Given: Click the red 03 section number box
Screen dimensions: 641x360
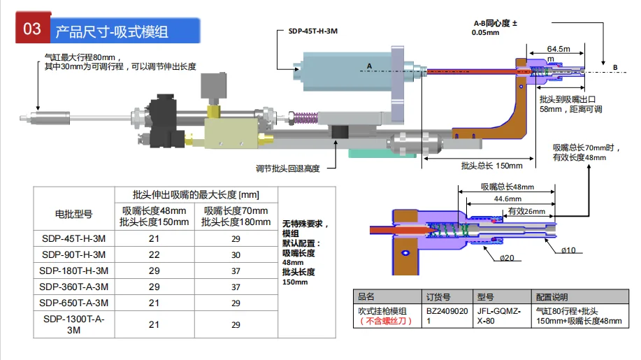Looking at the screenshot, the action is point(33,28).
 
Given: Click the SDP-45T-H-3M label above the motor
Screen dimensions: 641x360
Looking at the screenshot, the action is point(312,31).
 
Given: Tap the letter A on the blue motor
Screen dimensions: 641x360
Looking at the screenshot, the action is point(369,66).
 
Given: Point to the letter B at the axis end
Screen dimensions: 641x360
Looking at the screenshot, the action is point(615,67).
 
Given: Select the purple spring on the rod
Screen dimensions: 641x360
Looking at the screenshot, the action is point(305,117).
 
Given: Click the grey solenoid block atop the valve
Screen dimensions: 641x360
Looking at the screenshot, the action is point(213,85).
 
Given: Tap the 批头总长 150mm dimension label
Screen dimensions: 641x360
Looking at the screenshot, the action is point(492,166).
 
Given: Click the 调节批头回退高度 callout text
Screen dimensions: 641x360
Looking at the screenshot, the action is point(288,168).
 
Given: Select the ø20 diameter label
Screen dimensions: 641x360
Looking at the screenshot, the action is point(507,258).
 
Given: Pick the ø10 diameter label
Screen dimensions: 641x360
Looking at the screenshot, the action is point(568,250).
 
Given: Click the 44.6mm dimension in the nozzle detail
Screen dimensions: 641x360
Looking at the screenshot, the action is point(507,199).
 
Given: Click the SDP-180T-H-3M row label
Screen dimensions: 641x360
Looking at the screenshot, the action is point(73,271).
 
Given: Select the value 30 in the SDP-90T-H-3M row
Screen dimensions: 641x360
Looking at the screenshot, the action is point(236,255).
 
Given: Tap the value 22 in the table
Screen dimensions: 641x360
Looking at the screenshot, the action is point(154,254).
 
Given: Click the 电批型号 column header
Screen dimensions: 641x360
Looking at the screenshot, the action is point(73,214).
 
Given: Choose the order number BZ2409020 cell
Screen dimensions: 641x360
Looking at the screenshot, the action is point(447,316).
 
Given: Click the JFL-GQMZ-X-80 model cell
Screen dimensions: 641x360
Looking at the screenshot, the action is point(498,316).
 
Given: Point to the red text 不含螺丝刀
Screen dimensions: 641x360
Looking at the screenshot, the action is point(385,321).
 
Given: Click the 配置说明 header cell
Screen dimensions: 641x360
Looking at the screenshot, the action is point(552,297).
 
